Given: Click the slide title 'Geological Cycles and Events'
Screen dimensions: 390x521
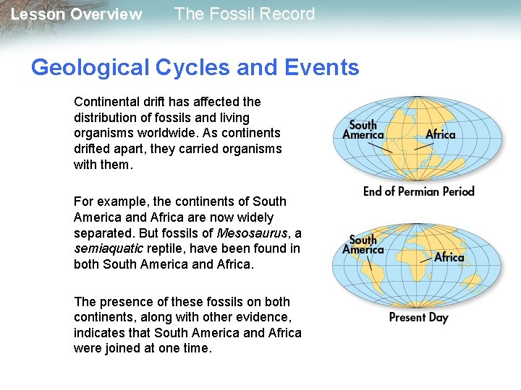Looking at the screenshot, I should tap(195, 68).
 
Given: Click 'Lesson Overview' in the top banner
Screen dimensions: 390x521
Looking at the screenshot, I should tap(76, 14).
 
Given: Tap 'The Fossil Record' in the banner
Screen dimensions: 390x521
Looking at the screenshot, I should tap(245, 14).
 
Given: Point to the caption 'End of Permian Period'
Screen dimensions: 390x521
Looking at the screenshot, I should tap(418, 191).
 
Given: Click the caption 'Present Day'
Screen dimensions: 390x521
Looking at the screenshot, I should tap(418, 317).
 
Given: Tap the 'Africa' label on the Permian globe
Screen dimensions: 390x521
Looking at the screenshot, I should tap(440, 134).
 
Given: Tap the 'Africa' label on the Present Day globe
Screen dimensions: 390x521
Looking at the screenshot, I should tap(449, 258).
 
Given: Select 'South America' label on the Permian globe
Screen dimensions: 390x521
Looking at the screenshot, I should tap(363, 130).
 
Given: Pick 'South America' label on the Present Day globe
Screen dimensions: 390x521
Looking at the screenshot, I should tap(363, 245).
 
